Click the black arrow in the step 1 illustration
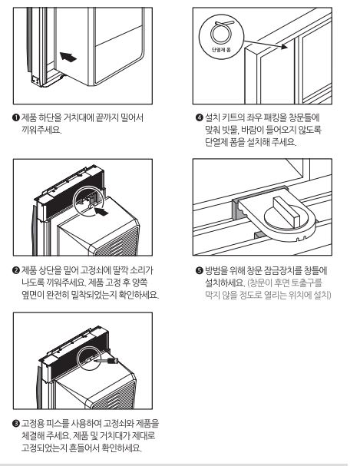(x=68, y=57)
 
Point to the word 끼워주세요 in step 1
(x=49, y=129)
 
